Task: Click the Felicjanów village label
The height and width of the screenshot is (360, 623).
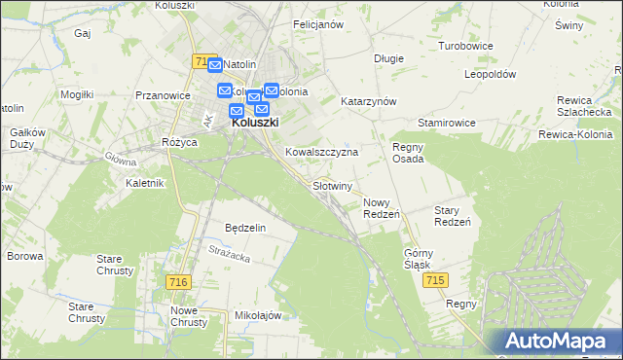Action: pos(318,24)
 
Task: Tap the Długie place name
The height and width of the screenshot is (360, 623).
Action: pos(388,58)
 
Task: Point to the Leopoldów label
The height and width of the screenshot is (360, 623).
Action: pos(490,74)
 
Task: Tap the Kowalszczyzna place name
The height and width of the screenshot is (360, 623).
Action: pos(322,153)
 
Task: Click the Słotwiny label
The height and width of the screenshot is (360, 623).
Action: pos(332,185)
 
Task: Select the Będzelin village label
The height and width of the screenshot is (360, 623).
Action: pos(245,228)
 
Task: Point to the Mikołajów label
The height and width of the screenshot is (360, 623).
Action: pos(258,316)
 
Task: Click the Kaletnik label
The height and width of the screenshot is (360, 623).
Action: pos(146,183)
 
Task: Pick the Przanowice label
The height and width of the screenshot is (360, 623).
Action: pos(163,95)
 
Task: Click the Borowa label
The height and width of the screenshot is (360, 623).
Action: pos(25,257)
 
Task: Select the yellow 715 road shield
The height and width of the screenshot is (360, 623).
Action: pos(437,280)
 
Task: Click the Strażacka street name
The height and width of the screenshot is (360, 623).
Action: pos(230,254)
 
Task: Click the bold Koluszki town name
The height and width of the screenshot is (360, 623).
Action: pos(254,124)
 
